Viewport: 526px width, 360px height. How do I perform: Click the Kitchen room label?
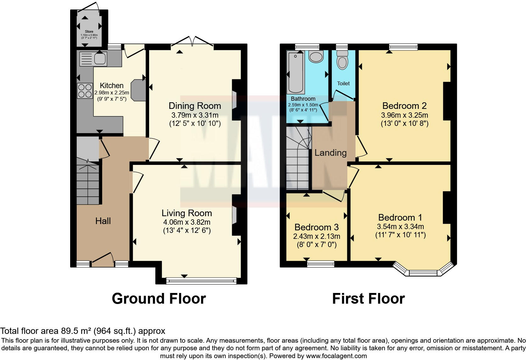click(112, 86)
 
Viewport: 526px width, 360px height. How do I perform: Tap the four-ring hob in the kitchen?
click(85, 91)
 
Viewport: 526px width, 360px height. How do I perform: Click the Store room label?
click(89, 31)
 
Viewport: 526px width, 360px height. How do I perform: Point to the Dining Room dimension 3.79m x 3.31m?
click(195, 115)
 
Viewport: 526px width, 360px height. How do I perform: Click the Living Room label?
click(187, 213)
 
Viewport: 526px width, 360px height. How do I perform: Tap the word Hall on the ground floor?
click(103, 221)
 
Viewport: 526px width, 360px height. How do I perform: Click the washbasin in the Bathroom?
click(316, 57)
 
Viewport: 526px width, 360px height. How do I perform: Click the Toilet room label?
click(343, 83)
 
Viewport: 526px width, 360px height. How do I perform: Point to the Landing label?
click(331, 153)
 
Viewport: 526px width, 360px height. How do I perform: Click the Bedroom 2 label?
click(404, 106)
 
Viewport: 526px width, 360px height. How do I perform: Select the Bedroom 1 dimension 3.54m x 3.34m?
click(400, 227)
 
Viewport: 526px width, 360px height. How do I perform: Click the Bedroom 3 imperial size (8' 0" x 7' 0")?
click(317, 245)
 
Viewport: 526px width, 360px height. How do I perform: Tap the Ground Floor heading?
click(159, 299)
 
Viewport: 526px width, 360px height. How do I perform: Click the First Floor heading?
click(368, 299)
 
